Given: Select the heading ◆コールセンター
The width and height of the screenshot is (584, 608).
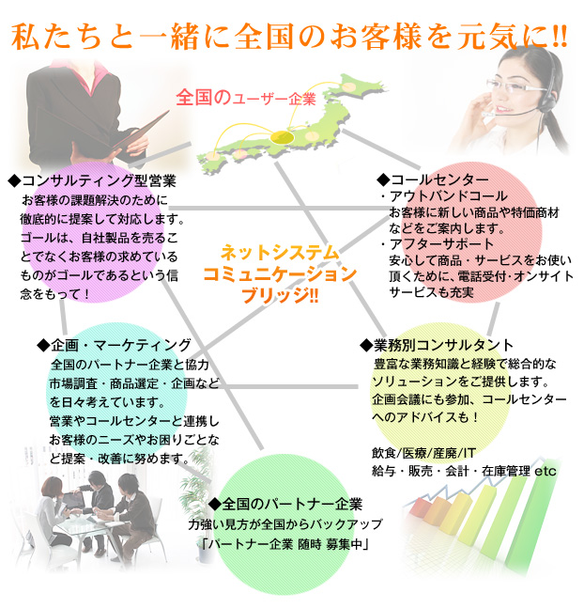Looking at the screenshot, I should pyautogui.click(x=432, y=179).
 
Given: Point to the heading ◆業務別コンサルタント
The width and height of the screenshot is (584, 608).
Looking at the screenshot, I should pyautogui.click(x=436, y=344).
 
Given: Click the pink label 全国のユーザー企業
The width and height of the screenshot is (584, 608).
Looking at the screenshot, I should pyautogui.click(x=245, y=97).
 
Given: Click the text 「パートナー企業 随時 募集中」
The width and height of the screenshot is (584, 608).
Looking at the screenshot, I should pyautogui.click(x=282, y=544).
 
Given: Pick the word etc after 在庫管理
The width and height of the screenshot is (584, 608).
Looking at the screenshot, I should pyautogui.click(x=545, y=470).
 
